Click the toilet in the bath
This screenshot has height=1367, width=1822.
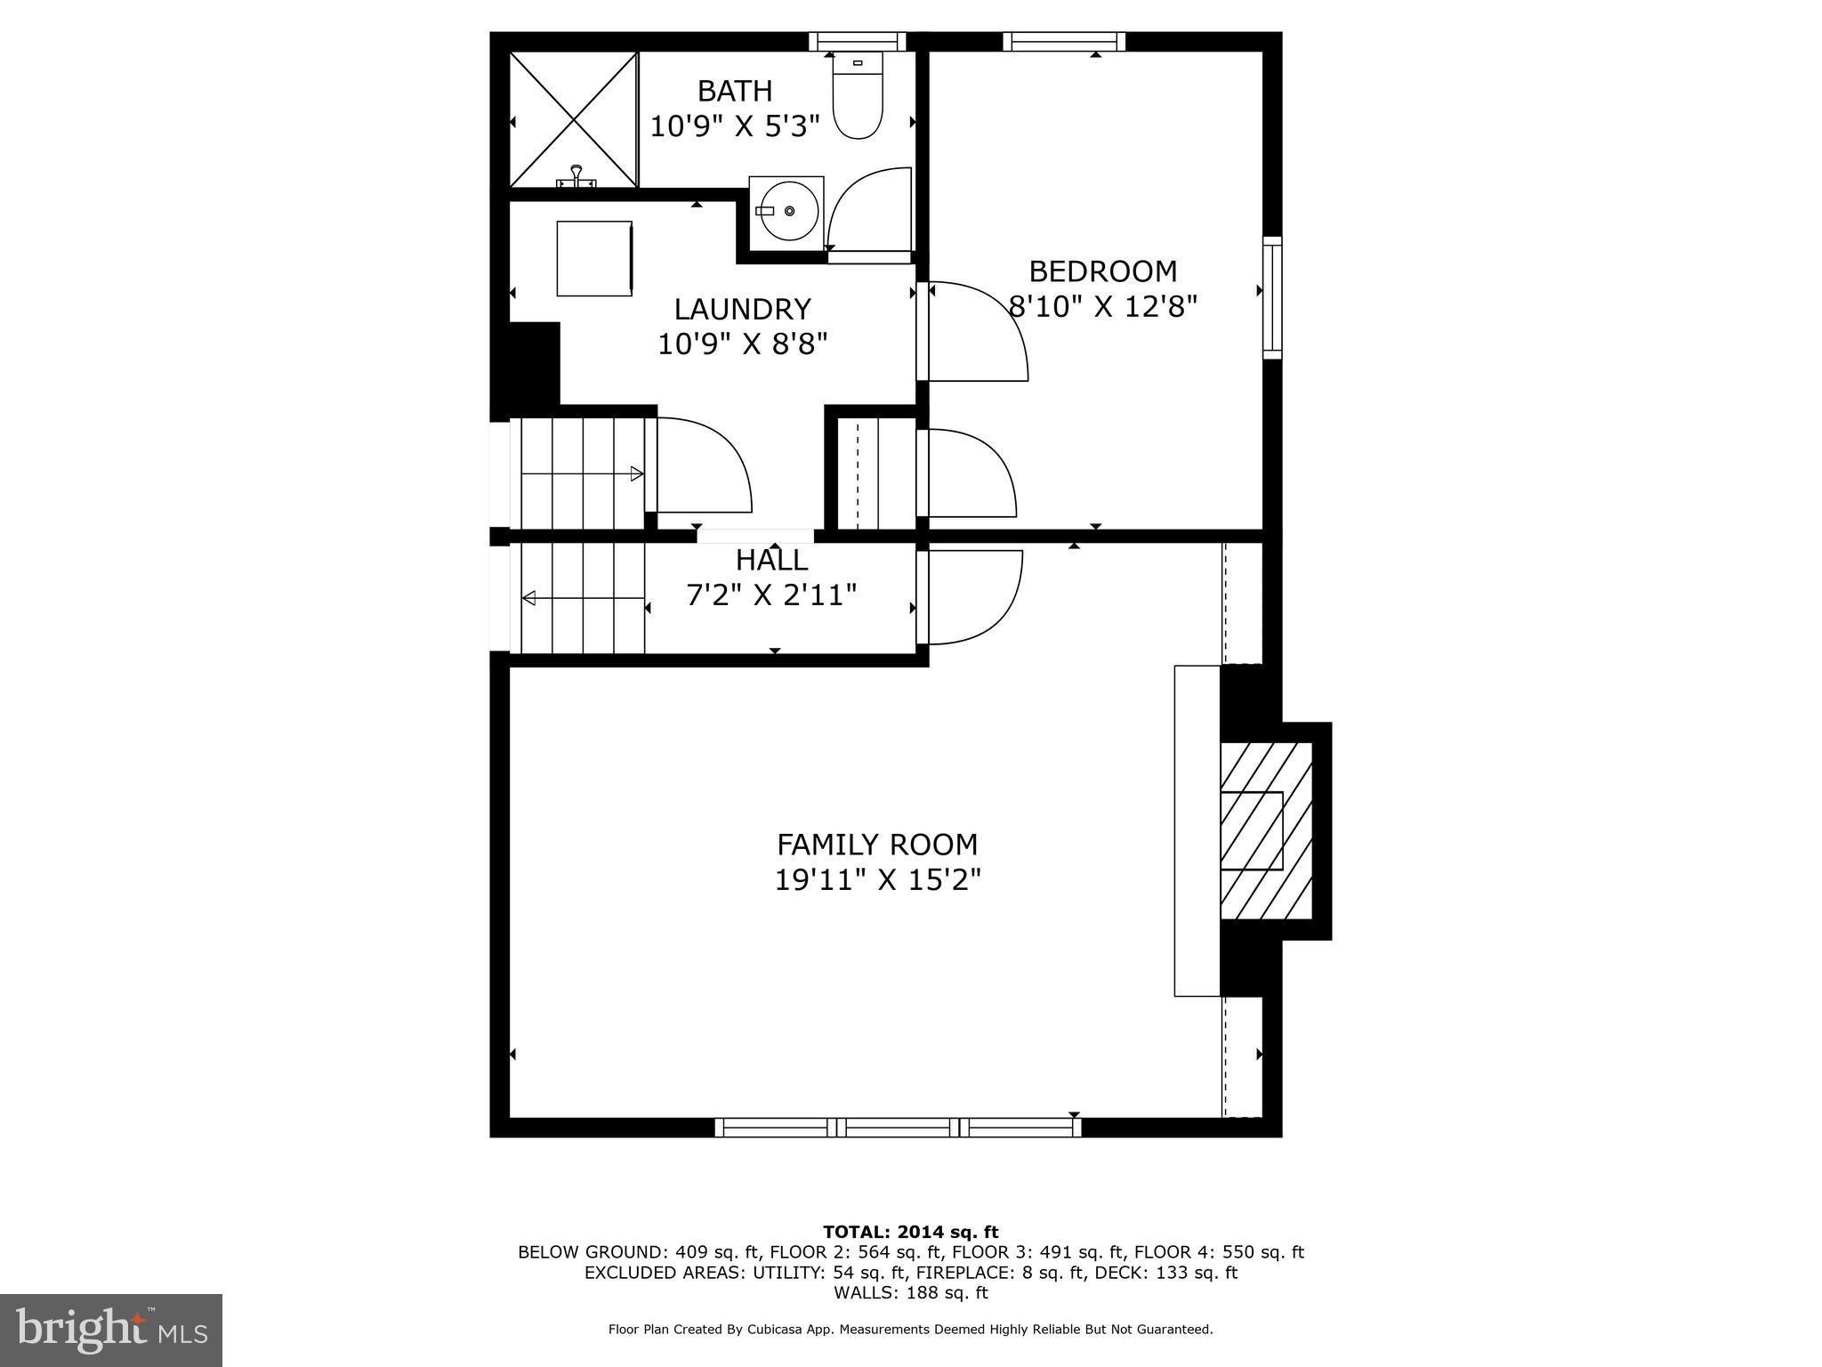click(858, 98)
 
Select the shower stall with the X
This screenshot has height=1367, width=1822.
click(574, 119)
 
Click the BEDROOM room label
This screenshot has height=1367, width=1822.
click(1102, 271)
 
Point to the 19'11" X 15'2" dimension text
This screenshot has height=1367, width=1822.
click(877, 880)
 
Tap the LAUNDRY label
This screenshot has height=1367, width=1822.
click(742, 309)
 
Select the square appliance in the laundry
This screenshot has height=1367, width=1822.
click(594, 258)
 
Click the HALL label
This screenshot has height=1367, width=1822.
click(771, 560)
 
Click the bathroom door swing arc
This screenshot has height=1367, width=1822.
click(867, 209)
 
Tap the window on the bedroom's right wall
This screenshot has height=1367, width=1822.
click(1273, 298)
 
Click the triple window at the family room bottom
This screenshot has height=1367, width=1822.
click(899, 1128)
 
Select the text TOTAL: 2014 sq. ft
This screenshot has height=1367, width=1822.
click(910, 1232)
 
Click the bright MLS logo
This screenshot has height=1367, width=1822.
click(111, 1330)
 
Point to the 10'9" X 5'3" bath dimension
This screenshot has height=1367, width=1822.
click(734, 127)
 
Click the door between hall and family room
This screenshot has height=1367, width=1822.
click(970, 596)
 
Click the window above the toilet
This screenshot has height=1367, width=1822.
click(858, 41)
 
